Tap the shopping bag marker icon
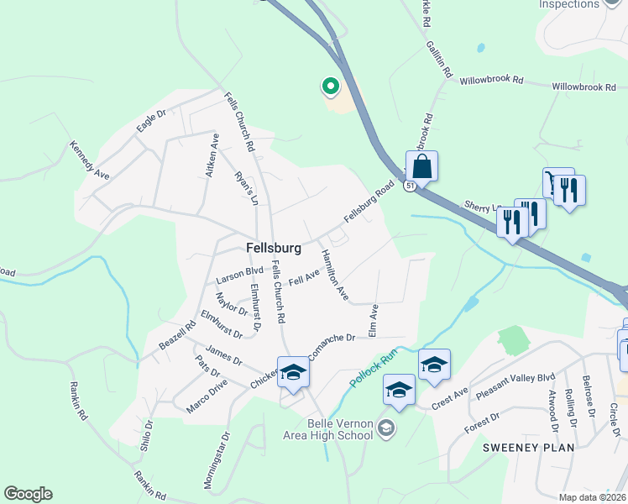tap(421, 165)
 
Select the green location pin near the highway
tap(330, 86)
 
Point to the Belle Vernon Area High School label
tap(340, 428)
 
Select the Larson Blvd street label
tap(239, 273)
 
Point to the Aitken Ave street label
tap(214, 150)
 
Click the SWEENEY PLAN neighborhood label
tap(528, 448)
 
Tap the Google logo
tap(28, 494)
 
